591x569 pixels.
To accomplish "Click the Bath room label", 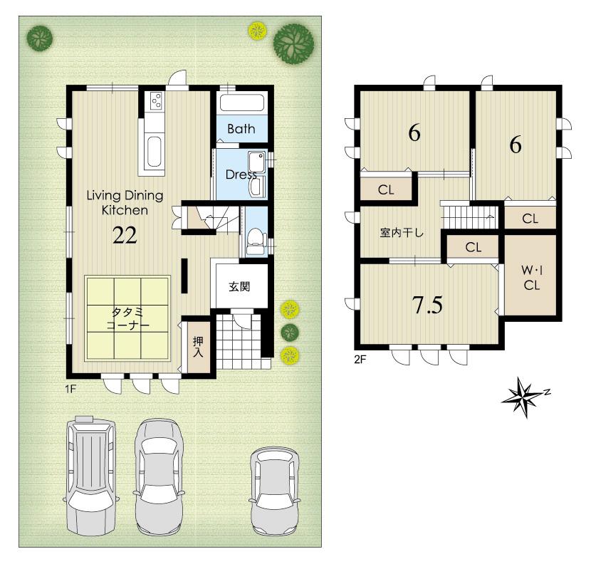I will [241, 129].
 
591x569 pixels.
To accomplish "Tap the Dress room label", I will [241, 174].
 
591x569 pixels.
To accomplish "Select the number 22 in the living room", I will [125, 236].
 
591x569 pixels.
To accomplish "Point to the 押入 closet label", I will [198, 345].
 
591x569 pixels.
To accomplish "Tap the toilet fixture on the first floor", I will [254, 241].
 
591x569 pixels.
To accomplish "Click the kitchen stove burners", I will [156, 103].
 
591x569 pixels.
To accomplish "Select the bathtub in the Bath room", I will [242, 102].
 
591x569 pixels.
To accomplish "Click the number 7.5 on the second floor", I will [428, 305].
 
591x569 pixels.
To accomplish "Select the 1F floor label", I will [70, 389].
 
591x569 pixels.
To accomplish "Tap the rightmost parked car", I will [275, 491].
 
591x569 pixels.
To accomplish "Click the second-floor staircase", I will [470, 215].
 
